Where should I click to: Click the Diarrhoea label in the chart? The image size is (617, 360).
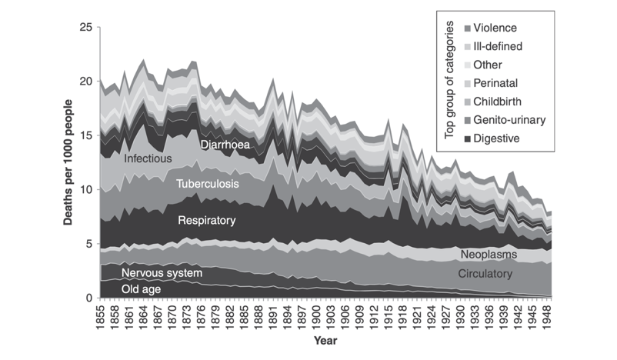pos(227,144)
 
